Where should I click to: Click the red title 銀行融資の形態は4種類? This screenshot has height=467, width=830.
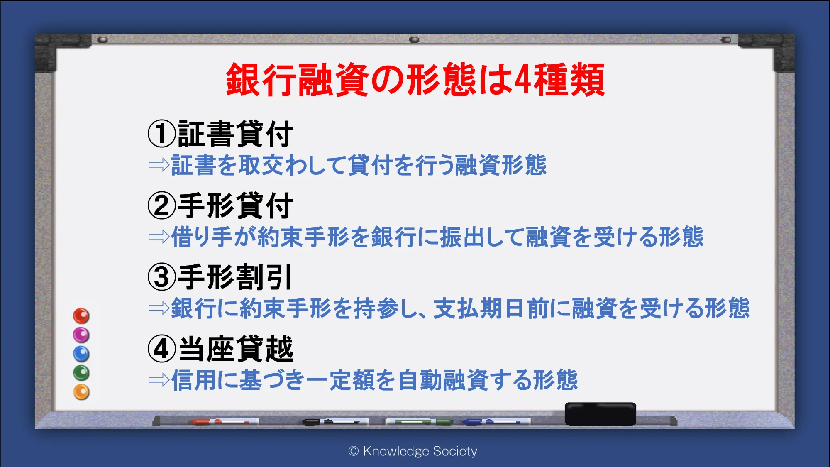[x=415, y=80]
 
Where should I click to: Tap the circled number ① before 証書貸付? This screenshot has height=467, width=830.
[x=162, y=134]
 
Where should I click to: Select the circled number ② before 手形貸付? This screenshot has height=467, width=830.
[x=162, y=206]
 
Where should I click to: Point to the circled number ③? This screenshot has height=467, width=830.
[x=162, y=277]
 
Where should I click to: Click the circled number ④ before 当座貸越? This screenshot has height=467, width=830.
[x=162, y=349]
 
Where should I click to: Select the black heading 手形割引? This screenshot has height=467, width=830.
[x=235, y=277]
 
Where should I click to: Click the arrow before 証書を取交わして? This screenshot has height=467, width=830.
[x=159, y=165]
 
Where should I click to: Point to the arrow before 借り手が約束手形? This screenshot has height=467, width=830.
[x=159, y=237]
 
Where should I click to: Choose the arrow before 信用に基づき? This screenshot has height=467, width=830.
[x=159, y=380]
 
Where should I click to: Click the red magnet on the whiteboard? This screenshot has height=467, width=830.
[x=81, y=316]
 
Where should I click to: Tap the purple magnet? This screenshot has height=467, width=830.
[x=81, y=335]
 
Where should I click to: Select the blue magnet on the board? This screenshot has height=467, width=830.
[x=81, y=354]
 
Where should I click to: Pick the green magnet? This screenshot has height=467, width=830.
[x=81, y=373]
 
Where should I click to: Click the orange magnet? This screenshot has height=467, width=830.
[x=81, y=392]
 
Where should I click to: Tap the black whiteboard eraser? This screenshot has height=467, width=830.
[x=601, y=414]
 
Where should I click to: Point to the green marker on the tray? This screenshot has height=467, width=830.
[x=419, y=422]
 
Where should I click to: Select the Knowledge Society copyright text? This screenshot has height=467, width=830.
[x=413, y=451]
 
